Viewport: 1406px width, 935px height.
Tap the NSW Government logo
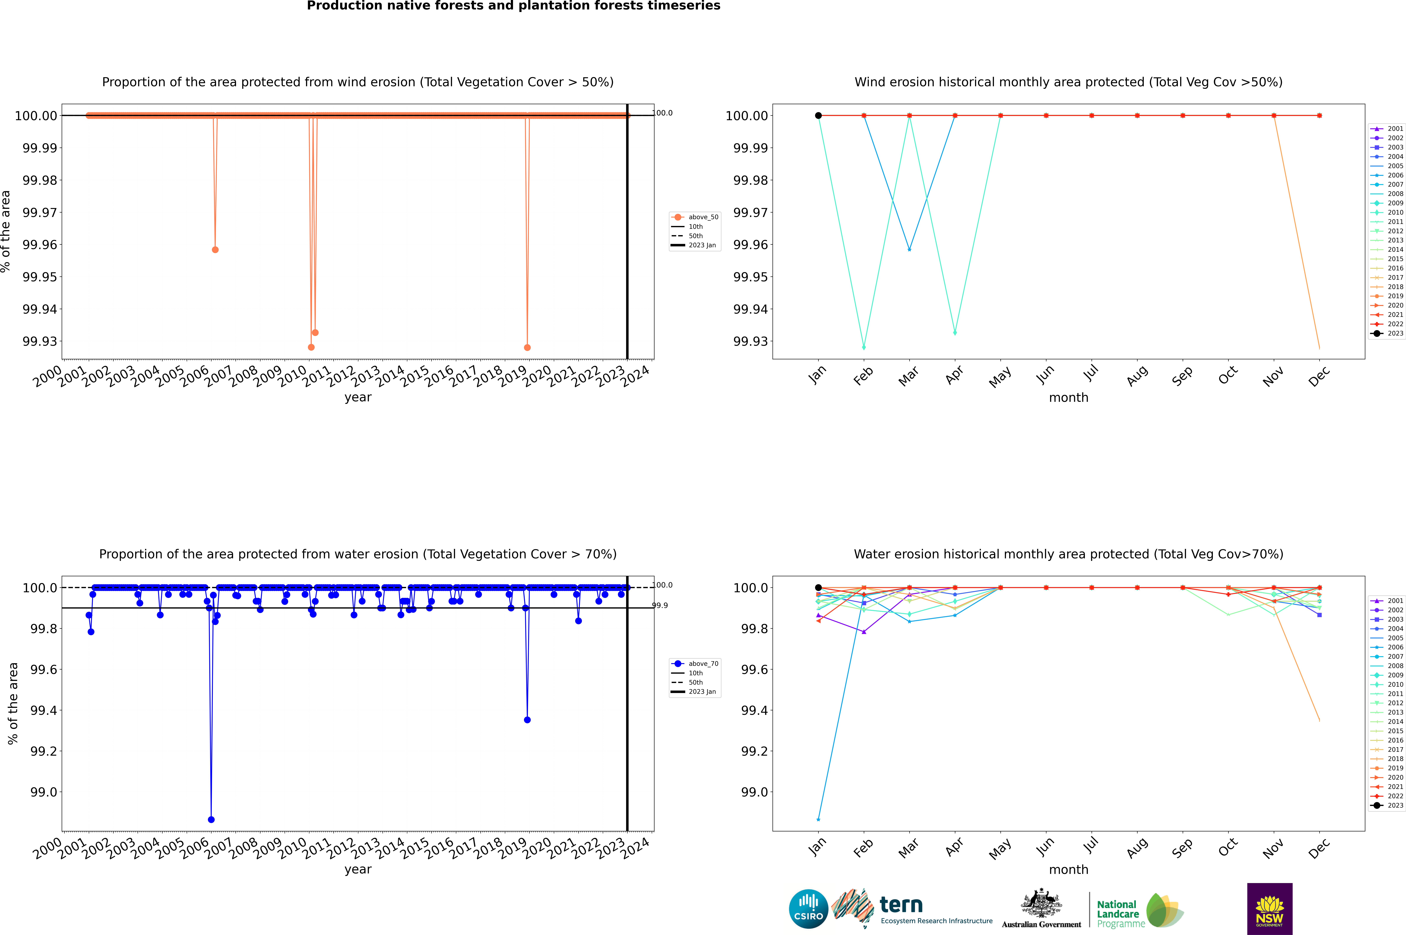(1269, 909)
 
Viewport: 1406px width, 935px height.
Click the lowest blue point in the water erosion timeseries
(211, 819)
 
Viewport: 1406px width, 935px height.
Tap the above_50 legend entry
(695, 217)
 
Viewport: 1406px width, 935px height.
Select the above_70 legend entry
(695, 664)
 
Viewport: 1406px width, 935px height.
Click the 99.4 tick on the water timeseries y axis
(43, 710)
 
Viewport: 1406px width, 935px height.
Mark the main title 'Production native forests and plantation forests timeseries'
(513, 6)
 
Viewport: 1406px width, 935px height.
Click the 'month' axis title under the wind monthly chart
(1068, 398)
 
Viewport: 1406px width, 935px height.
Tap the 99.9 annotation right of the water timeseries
(660, 605)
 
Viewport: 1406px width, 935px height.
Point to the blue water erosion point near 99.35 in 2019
(527, 720)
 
